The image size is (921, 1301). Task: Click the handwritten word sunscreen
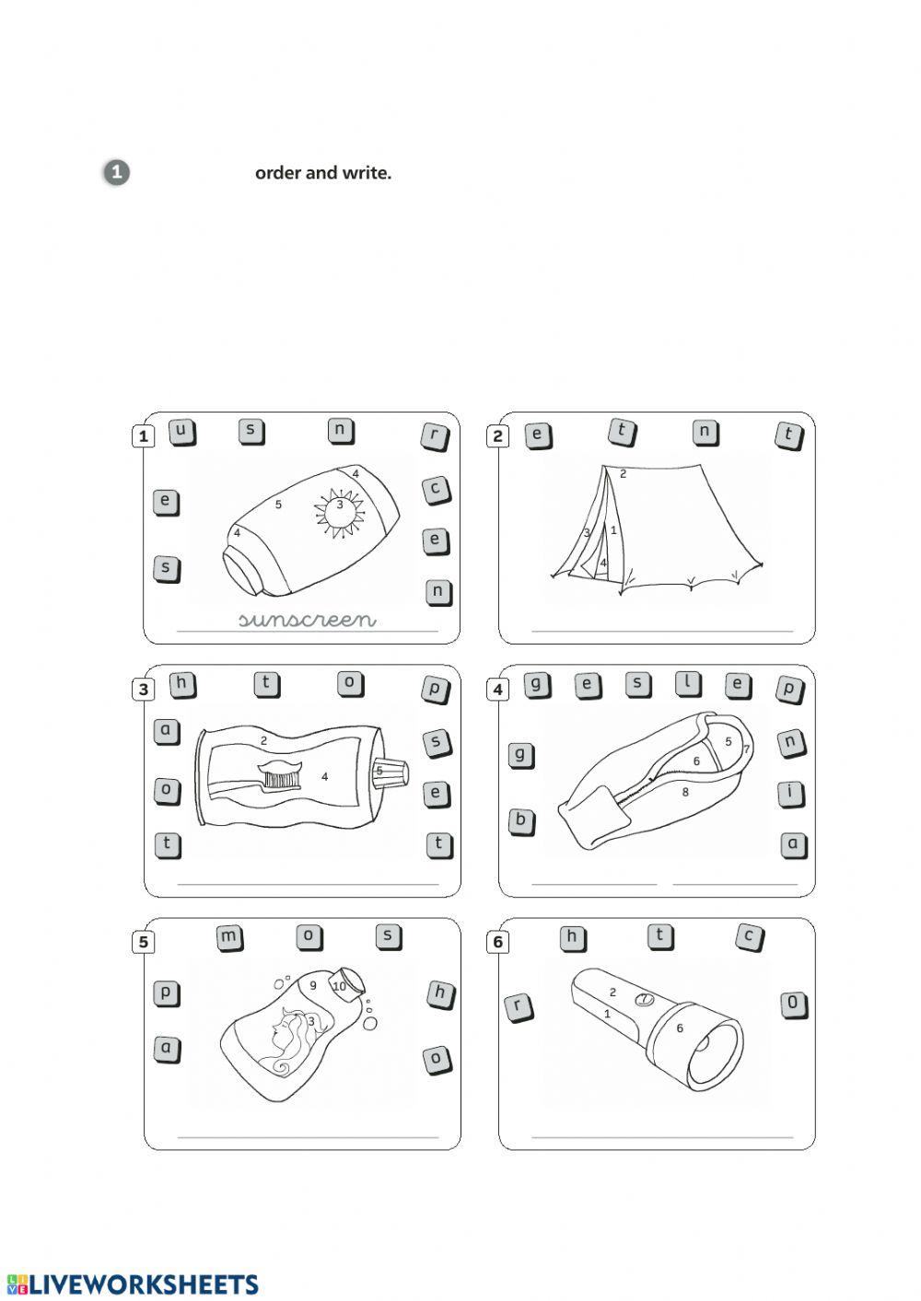307,620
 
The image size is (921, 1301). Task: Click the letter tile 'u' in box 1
182,432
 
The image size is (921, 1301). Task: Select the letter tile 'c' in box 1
437,490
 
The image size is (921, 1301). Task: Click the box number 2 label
498,436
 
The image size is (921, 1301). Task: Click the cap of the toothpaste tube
390,772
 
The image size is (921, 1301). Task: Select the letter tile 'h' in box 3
183,684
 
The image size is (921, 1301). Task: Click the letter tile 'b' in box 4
521,820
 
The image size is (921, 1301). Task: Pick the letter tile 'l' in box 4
688,684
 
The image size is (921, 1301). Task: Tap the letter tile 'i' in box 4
790,793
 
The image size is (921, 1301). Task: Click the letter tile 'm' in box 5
229,937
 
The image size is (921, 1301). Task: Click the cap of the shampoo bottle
349,978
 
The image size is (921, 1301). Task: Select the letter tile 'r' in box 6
519,1007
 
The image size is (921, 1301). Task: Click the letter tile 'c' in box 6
750,937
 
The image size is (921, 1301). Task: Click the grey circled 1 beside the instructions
116,172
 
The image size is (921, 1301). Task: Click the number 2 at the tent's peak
623,474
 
